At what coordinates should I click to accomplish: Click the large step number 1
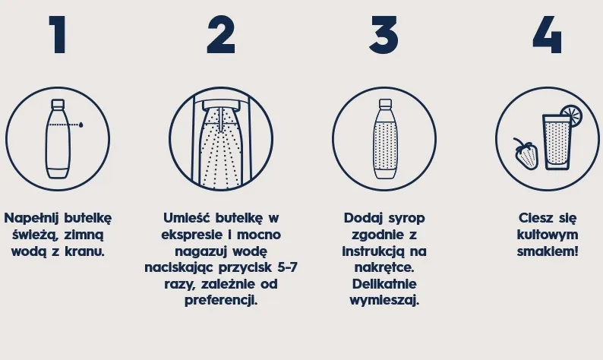(58, 35)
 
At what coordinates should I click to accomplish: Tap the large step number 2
(220, 35)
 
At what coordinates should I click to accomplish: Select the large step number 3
(384, 35)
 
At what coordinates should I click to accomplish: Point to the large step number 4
(547, 35)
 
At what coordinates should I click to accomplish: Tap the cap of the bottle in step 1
(58, 103)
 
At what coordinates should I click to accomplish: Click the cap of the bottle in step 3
(384, 103)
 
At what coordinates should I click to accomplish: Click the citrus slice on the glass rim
(570, 116)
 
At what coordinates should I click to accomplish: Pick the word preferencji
(221, 300)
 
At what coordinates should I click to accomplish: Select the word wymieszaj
(384, 300)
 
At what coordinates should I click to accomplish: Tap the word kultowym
(547, 235)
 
